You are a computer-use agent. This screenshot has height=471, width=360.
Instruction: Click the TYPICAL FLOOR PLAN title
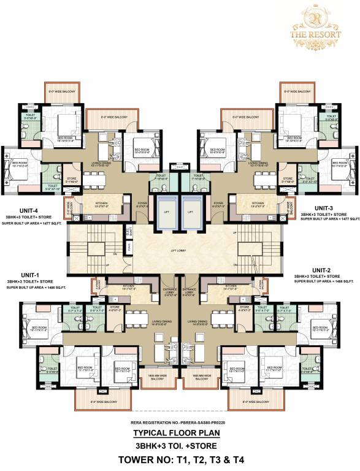pyautogui.click(x=180, y=432)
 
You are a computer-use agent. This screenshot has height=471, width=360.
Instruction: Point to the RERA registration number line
pyautogui.click(x=180, y=423)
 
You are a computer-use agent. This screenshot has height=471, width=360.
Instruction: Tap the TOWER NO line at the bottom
pyautogui.click(x=180, y=459)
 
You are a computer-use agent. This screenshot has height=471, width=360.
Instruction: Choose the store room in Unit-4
pyautogui.click(x=72, y=181)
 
